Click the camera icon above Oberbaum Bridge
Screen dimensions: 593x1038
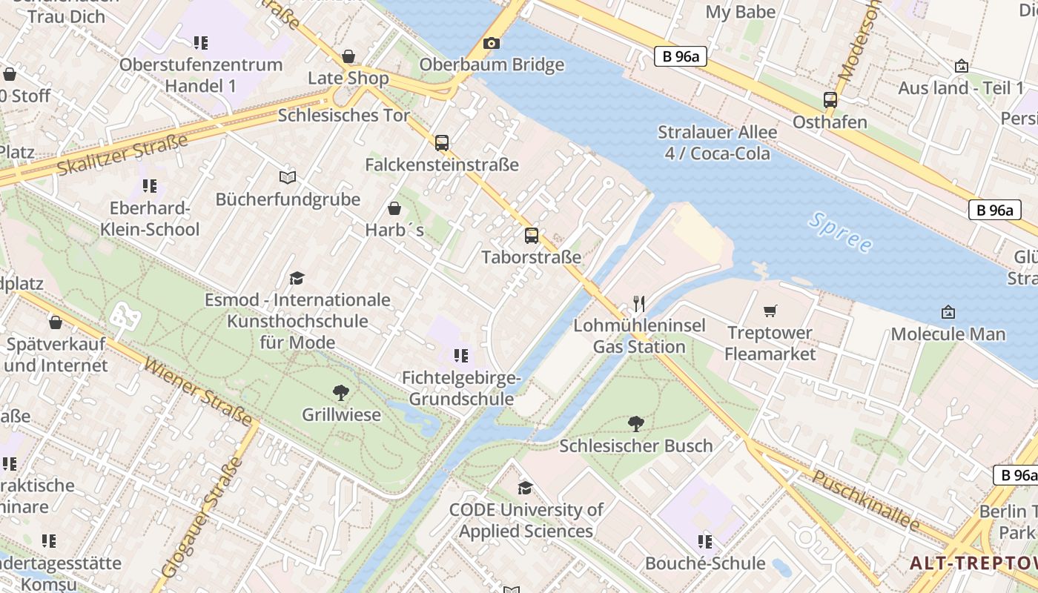(491, 44)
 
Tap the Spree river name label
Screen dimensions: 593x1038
(841, 232)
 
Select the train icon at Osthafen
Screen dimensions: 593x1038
(830, 100)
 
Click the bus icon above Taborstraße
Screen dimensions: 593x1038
(531, 236)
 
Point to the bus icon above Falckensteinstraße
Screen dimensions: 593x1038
(442, 143)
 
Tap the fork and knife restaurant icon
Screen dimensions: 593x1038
(639, 303)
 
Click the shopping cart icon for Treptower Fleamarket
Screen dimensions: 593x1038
(770, 311)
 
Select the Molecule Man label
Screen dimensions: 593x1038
(948, 334)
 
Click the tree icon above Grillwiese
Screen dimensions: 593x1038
(341, 393)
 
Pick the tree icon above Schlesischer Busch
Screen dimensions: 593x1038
(635, 424)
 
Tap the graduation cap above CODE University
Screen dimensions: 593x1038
(525, 488)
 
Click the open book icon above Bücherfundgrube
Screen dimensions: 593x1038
(288, 178)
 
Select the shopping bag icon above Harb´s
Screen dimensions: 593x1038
(394, 208)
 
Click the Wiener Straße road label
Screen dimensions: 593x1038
(198, 392)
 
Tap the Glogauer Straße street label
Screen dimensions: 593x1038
(202, 517)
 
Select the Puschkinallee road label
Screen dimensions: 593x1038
(865, 500)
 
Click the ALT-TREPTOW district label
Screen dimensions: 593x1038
(973, 563)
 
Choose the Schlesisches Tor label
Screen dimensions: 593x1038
(343, 116)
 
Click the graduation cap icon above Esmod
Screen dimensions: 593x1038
(297, 278)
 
